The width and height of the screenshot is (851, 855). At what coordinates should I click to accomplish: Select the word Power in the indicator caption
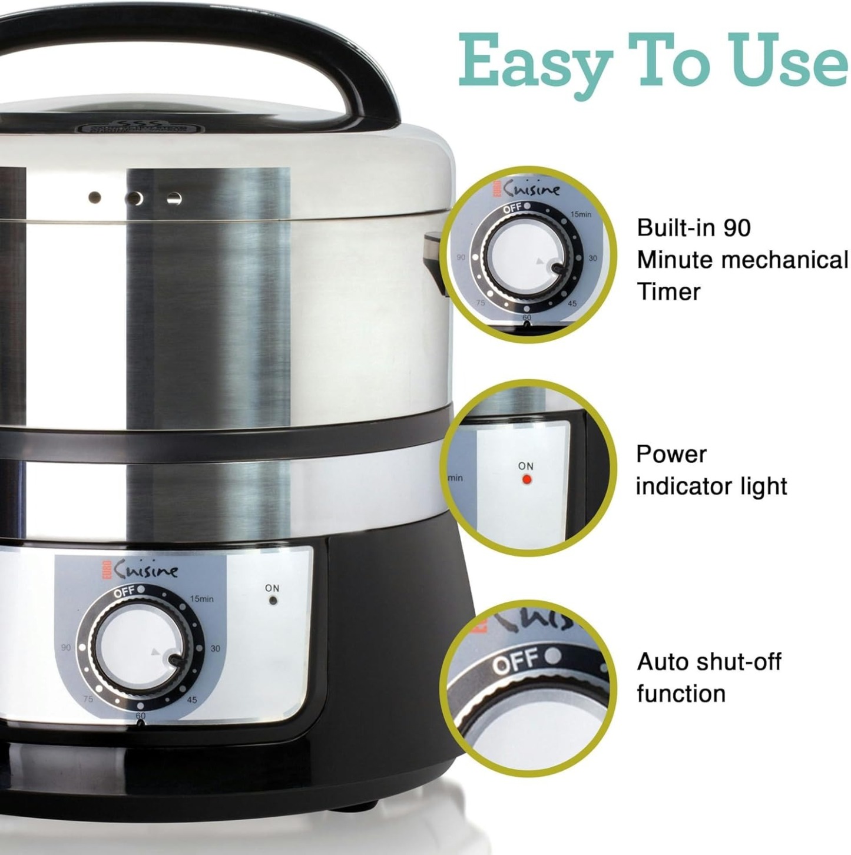(x=671, y=455)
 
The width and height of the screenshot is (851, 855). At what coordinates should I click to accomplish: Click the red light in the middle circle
(x=527, y=479)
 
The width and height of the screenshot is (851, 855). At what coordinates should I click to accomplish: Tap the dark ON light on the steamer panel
(x=272, y=601)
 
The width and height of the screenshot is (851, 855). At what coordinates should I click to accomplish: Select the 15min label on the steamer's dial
(x=201, y=599)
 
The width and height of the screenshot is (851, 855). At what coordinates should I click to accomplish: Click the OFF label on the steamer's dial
(x=125, y=591)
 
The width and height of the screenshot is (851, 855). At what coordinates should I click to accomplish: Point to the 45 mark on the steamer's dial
(x=192, y=700)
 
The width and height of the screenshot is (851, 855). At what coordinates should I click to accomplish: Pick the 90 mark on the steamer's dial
(x=66, y=647)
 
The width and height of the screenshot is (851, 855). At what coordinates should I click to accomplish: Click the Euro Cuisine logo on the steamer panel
(x=140, y=570)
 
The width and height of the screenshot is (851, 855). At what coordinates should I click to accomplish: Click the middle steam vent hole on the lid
(x=135, y=198)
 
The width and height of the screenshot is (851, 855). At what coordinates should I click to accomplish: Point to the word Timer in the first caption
(x=668, y=292)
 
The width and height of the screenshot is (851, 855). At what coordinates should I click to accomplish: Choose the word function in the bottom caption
(x=681, y=694)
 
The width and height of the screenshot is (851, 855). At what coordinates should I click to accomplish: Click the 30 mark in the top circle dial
(x=592, y=258)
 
